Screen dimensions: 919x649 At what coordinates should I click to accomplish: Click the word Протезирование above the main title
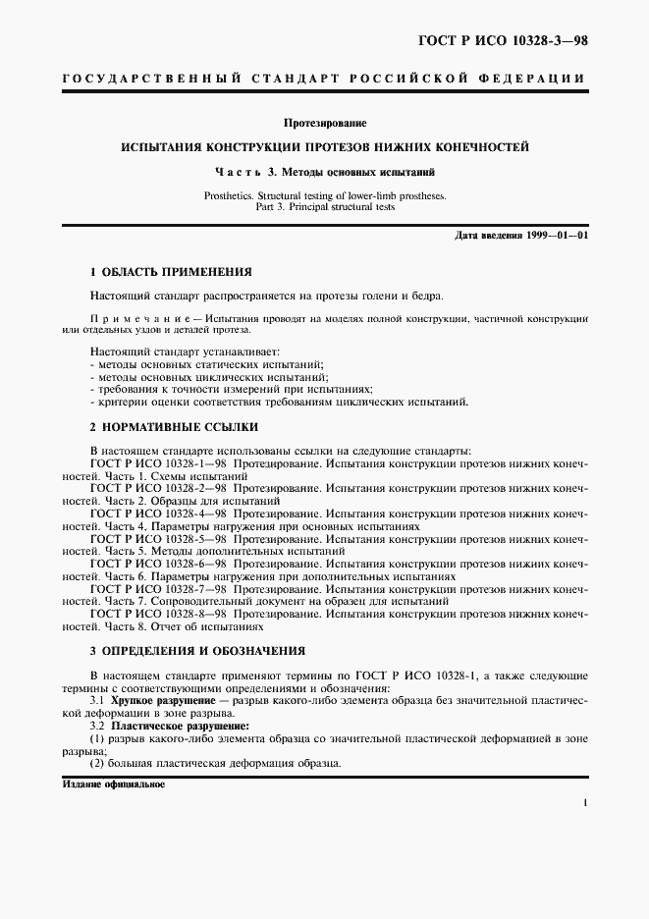click(x=324, y=124)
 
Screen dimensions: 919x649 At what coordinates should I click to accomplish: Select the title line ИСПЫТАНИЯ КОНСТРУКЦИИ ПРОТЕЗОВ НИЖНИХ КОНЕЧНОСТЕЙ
click(x=324, y=147)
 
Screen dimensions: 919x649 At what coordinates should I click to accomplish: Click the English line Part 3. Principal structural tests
click(x=324, y=208)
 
